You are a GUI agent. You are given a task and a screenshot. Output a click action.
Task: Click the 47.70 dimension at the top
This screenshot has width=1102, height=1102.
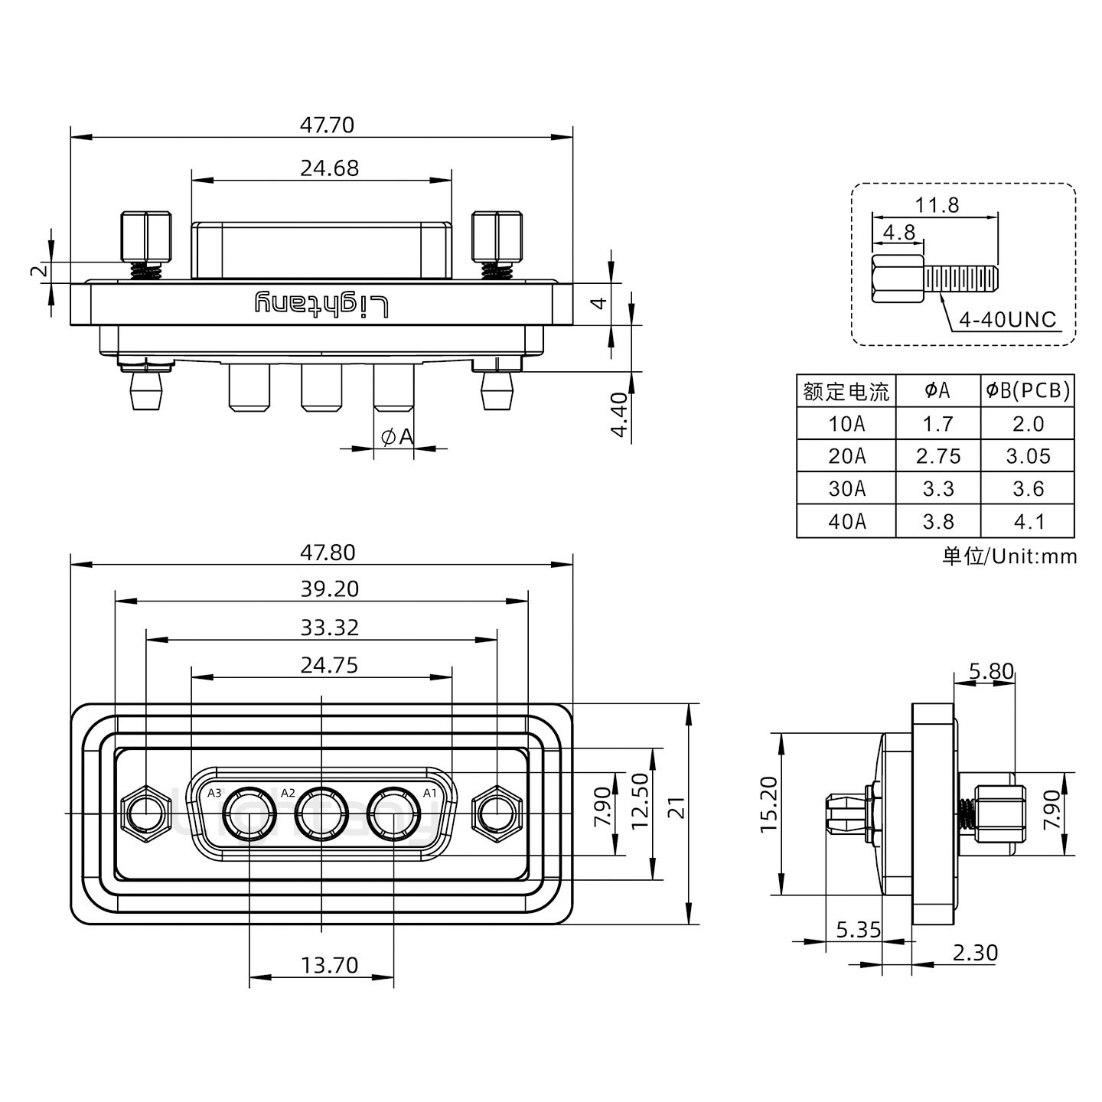pyautogui.click(x=327, y=125)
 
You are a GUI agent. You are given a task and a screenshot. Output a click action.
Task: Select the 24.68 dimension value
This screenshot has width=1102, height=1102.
pyautogui.click(x=329, y=168)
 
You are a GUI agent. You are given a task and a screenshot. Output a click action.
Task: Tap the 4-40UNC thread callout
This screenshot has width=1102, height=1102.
pyautogui.click(x=1007, y=320)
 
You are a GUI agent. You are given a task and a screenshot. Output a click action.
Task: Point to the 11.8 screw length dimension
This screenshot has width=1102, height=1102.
pyautogui.click(x=936, y=205)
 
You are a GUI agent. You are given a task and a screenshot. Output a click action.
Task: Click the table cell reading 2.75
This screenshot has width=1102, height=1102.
pyautogui.click(x=937, y=456)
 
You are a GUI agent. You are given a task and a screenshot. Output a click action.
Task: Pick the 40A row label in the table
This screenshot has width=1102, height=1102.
pyautogui.click(x=846, y=521)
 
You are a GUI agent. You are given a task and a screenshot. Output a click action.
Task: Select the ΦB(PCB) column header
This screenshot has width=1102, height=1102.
pyautogui.click(x=1028, y=391)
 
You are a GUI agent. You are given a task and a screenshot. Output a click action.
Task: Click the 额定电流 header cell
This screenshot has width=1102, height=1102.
pyautogui.click(x=846, y=392)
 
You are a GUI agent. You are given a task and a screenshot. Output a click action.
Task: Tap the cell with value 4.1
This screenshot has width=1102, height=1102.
pyautogui.click(x=1028, y=521)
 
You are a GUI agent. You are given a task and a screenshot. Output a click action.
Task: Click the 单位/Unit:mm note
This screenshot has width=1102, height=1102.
pyautogui.click(x=1009, y=556)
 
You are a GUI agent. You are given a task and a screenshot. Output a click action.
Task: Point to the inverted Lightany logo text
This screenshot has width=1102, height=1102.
pyautogui.click(x=321, y=305)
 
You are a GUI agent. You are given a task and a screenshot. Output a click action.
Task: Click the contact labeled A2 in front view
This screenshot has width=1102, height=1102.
pyautogui.click(x=321, y=813)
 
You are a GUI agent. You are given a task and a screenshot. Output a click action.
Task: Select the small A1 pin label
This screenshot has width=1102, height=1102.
pyautogui.click(x=430, y=793)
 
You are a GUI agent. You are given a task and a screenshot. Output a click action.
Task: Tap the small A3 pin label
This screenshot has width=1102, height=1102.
pyautogui.click(x=214, y=793)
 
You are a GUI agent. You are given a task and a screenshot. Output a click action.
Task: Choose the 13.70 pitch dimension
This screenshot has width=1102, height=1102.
pyautogui.click(x=329, y=965)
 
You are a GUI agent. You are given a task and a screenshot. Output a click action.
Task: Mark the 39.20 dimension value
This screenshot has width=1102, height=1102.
pyautogui.click(x=329, y=588)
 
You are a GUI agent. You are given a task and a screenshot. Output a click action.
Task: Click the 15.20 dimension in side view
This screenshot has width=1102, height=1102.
pyautogui.click(x=768, y=804)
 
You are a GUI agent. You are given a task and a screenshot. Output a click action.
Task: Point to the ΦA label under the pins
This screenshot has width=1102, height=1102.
pyautogui.click(x=396, y=437)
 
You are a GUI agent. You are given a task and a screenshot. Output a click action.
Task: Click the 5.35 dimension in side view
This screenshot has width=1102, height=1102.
pyautogui.click(x=858, y=930)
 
